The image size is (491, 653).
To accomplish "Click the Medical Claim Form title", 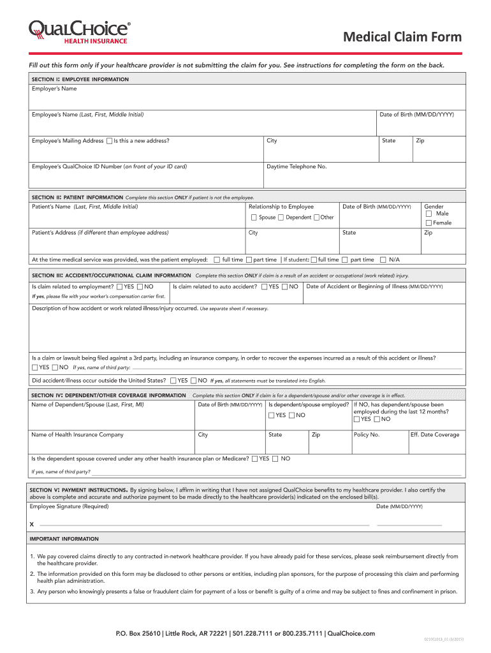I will [402, 38].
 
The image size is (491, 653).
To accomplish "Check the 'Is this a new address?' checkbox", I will [109, 141].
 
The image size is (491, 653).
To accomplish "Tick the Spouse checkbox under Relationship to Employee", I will [253, 217].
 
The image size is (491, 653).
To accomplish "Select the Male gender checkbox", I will [429, 214].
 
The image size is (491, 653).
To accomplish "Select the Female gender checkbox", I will [429, 223].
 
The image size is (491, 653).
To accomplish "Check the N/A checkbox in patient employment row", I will [383, 260].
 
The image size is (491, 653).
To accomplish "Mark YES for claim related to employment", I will [119, 287].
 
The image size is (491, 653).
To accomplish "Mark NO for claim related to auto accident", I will [284, 287].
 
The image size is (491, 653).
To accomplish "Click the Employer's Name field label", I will [54, 89].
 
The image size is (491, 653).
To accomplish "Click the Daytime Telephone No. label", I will [297, 166].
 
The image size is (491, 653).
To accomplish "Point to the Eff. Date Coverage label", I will [435, 435].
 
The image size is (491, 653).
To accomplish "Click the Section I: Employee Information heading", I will [80, 79].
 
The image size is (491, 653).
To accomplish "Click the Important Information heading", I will [64, 539].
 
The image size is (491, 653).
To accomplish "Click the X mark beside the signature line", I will [32, 524].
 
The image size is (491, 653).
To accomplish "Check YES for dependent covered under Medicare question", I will [255, 459].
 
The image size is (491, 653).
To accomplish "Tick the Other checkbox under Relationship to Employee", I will [316, 217].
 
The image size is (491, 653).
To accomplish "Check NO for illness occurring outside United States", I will [193, 381].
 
